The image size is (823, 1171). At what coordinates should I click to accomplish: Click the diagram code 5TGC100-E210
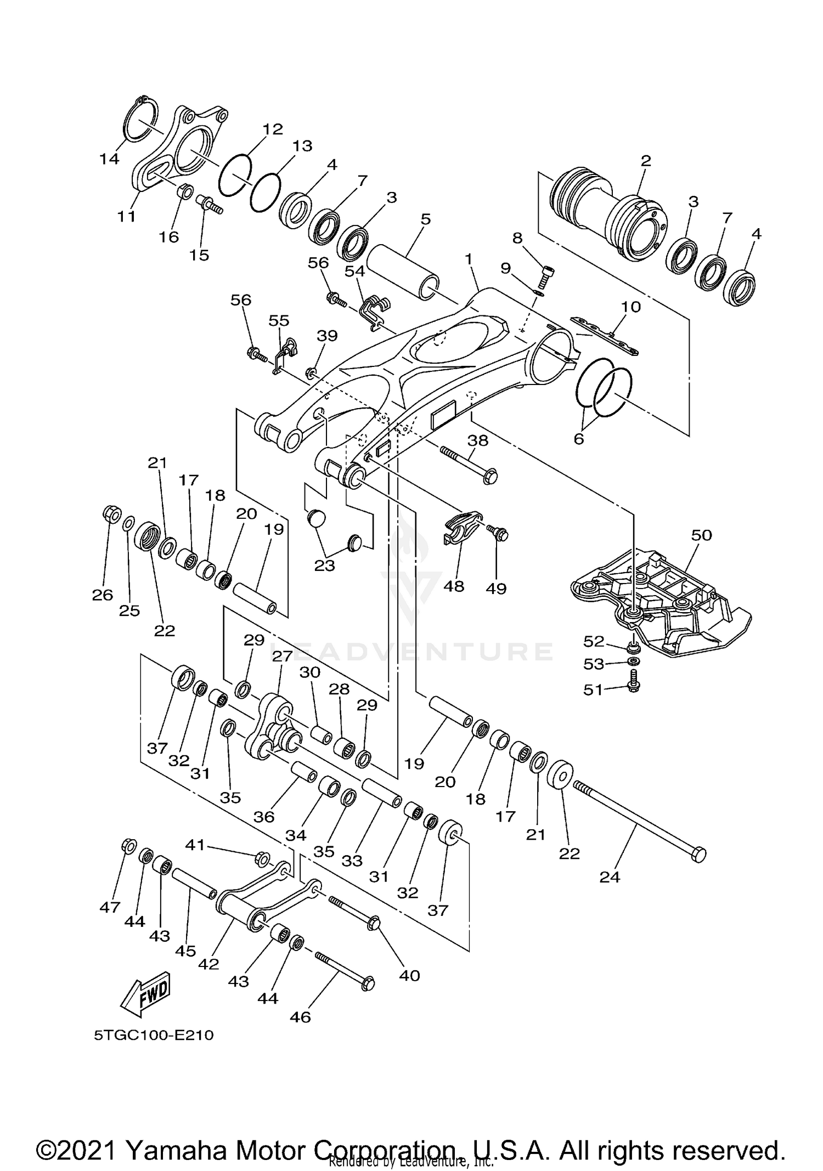pyautogui.click(x=153, y=1036)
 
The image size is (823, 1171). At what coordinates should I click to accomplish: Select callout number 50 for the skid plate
pyautogui.click(x=701, y=535)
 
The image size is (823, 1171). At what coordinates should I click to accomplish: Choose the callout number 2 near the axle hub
pyautogui.click(x=646, y=161)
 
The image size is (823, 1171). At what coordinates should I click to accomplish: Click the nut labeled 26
pyautogui.click(x=111, y=514)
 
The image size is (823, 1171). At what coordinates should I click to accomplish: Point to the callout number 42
pyautogui.click(x=208, y=964)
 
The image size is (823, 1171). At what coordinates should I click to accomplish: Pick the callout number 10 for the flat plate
pyautogui.click(x=630, y=307)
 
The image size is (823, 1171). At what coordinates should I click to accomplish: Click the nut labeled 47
pyautogui.click(x=127, y=846)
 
